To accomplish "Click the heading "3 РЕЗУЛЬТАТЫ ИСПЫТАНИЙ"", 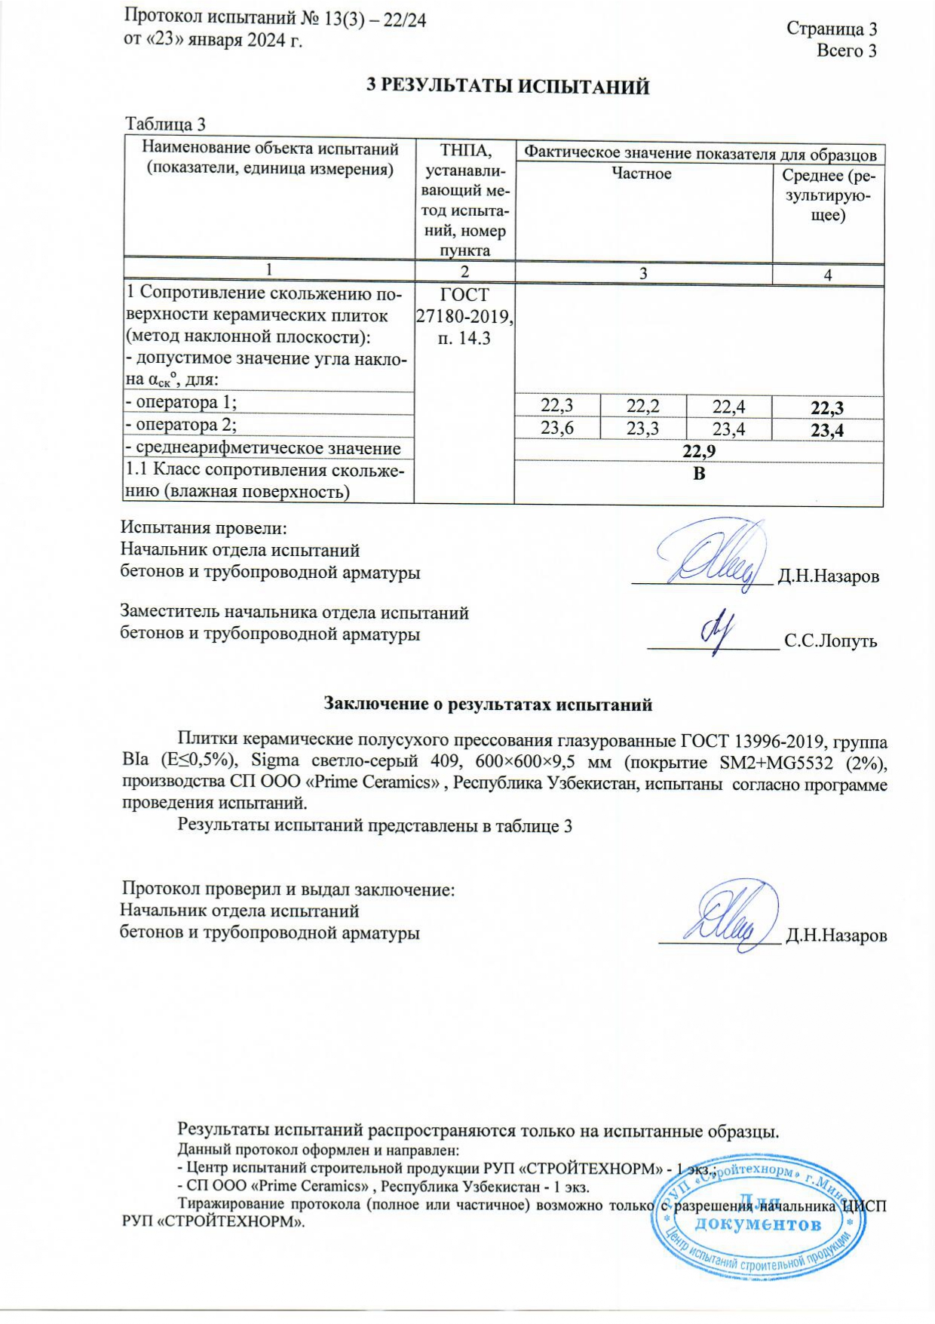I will click(x=507, y=86).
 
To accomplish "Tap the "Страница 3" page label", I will click(x=831, y=29).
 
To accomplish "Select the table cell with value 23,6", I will click(x=557, y=429).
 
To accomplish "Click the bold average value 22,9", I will click(x=698, y=451).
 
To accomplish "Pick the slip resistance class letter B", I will click(x=699, y=474).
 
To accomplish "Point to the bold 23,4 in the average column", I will click(x=826, y=430).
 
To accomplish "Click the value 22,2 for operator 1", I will click(x=642, y=406).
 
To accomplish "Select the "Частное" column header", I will click(x=641, y=174).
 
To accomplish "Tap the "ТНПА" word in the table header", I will click(x=464, y=150).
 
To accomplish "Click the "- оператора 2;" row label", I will click(x=181, y=425).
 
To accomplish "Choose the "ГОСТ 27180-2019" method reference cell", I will click(x=464, y=306).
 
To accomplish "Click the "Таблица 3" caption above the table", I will click(x=165, y=124).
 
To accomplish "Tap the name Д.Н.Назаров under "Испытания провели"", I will click(x=828, y=577).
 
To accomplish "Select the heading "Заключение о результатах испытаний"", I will click(x=487, y=705).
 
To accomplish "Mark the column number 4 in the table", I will click(x=827, y=275).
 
